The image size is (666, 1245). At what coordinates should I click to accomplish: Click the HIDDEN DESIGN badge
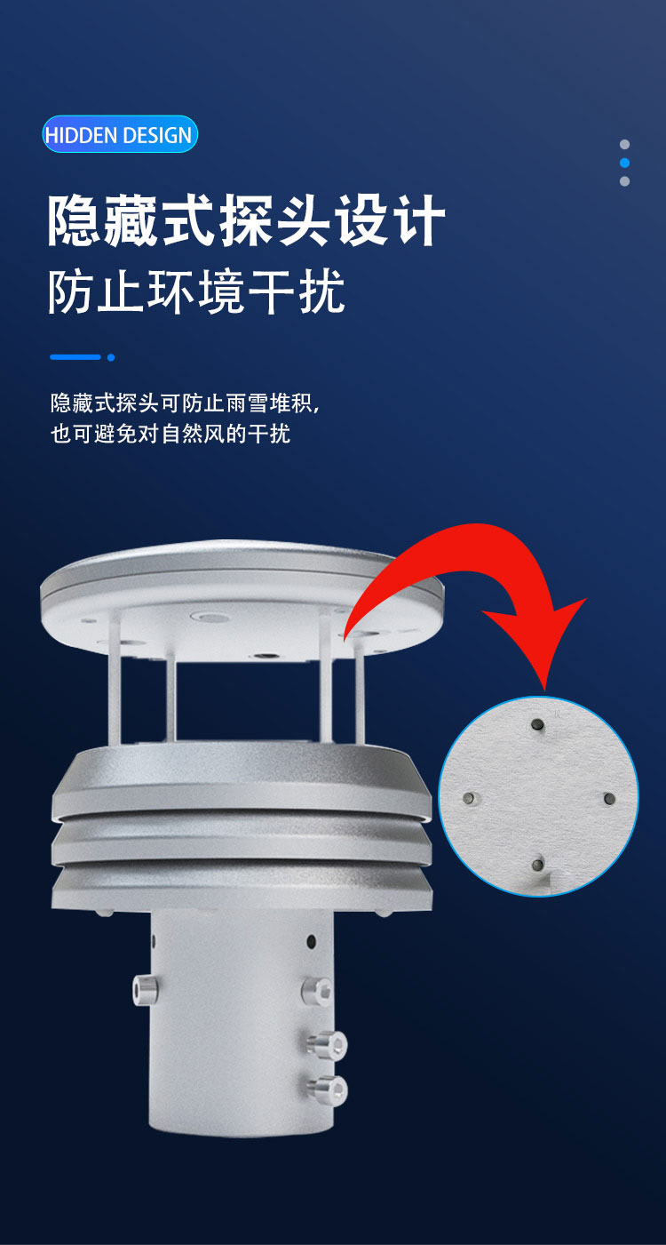tap(120, 134)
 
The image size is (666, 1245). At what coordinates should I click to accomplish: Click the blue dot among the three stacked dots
tap(624, 163)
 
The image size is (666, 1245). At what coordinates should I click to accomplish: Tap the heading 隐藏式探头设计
tap(246, 220)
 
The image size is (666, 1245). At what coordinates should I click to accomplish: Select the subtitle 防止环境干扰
tap(196, 291)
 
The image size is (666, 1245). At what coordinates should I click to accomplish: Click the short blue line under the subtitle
tap(75, 357)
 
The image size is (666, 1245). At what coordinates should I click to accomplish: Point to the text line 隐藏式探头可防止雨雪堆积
tap(185, 403)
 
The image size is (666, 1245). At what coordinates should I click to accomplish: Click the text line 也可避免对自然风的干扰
tap(170, 433)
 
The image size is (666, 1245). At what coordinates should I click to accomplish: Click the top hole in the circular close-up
tap(537, 724)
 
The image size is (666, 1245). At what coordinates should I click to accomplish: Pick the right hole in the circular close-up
tap(609, 799)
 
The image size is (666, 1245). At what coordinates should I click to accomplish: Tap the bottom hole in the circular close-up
tap(537, 865)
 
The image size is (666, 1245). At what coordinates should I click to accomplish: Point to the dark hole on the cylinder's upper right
tap(311, 942)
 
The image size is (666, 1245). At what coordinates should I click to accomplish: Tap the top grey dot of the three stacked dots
tap(624, 145)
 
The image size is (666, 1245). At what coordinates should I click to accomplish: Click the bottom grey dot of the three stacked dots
tap(624, 181)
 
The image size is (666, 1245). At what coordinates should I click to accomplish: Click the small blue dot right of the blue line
tap(111, 357)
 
